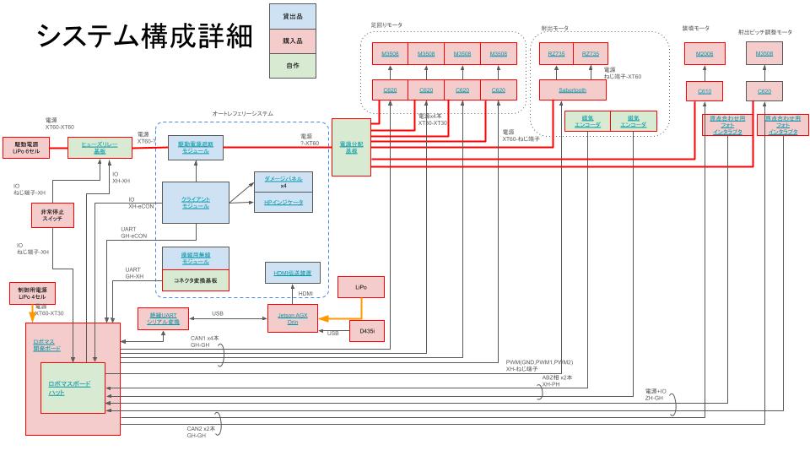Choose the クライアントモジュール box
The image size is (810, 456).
point(195,203)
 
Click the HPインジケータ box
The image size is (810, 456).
point(283,203)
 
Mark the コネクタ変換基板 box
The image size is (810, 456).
point(195,278)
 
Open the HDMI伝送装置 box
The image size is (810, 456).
point(292,273)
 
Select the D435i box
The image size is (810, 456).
point(367,332)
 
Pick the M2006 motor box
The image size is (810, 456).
point(705,54)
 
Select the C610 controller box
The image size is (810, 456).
point(705,90)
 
